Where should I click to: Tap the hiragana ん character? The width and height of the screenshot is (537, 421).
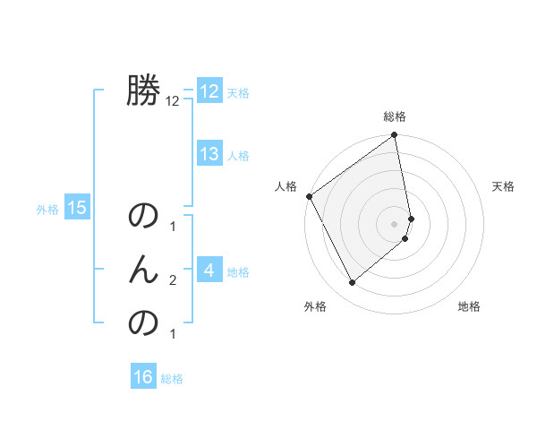(x=143, y=269)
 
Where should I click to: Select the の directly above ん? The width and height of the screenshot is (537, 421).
(x=143, y=217)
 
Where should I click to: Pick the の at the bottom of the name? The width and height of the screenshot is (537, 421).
(x=143, y=322)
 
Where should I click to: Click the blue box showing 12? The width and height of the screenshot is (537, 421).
(x=209, y=91)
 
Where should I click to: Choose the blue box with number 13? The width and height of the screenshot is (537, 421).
(x=209, y=154)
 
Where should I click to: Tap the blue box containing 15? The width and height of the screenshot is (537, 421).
(x=77, y=209)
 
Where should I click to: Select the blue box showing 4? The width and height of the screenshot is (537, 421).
(x=209, y=270)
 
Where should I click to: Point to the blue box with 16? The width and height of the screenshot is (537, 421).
(x=143, y=377)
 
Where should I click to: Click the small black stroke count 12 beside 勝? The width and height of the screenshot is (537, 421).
(x=173, y=102)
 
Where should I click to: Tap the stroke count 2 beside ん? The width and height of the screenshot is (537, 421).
(x=173, y=280)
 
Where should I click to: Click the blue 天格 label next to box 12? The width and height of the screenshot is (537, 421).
(x=237, y=93)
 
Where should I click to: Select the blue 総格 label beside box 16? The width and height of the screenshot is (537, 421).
(x=172, y=379)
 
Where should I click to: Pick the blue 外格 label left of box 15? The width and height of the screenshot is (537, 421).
(x=47, y=210)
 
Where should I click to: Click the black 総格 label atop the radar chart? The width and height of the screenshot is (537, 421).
(x=395, y=117)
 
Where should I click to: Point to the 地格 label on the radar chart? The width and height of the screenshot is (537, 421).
(x=469, y=306)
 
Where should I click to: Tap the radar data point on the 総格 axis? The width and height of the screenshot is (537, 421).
(x=395, y=136)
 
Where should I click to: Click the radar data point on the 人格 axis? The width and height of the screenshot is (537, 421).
(x=309, y=196)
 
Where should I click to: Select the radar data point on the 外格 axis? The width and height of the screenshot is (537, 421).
(x=352, y=283)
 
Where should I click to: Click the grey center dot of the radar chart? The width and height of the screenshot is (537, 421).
(x=395, y=223)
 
